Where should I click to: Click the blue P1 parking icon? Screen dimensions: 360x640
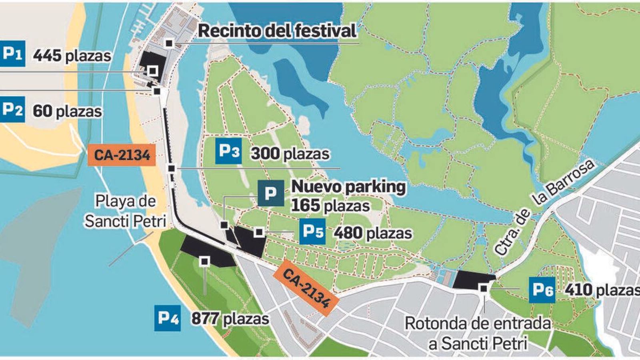[x=12, y=54]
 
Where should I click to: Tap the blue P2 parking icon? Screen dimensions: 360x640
[x=12, y=109]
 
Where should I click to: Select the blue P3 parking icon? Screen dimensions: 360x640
[x=228, y=152]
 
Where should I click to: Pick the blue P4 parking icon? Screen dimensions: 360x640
[x=168, y=318]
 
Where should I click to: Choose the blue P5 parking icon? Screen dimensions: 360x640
[x=312, y=232]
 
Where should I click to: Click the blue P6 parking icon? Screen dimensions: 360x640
[x=542, y=290]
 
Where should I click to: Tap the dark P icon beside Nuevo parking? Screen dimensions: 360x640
[x=271, y=193]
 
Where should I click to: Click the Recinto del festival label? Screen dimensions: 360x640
[x=277, y=31]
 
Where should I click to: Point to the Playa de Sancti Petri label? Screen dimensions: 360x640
[x=125, y=211]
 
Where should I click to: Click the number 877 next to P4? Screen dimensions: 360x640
[x=204, y=319]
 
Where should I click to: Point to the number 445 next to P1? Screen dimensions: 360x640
[x=47, y=56]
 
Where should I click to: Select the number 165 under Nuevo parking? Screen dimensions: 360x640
[x=305, y=206]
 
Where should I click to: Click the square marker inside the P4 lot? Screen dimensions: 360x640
[x=205, y=261]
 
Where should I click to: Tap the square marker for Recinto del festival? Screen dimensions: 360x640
[x=170, y=43]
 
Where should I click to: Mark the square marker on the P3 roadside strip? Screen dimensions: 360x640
[x=172, y=168]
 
